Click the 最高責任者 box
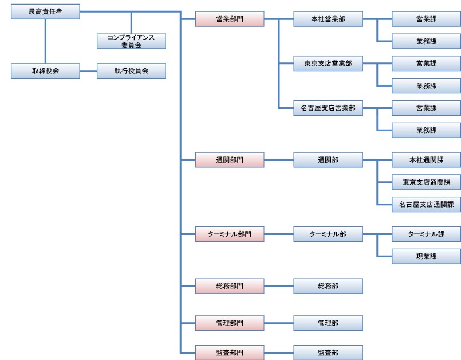[45, 11]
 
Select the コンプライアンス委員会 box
[131, 41]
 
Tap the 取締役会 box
[45, 71]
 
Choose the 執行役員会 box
[131, 71]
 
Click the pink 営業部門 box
[229, 19]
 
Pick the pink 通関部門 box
[229, 160]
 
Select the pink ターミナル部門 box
[229, 234]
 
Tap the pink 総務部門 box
[229, 285]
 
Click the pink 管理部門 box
[229, 323]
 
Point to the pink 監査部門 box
[229, 352]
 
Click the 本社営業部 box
[328, 19]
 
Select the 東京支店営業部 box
[328, 64]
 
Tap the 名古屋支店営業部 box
[328, 108]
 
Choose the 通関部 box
[328, 160]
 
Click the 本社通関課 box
[426, 160]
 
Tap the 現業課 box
[426, 256]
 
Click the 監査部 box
[328, 352]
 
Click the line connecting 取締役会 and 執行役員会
[88, 71]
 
